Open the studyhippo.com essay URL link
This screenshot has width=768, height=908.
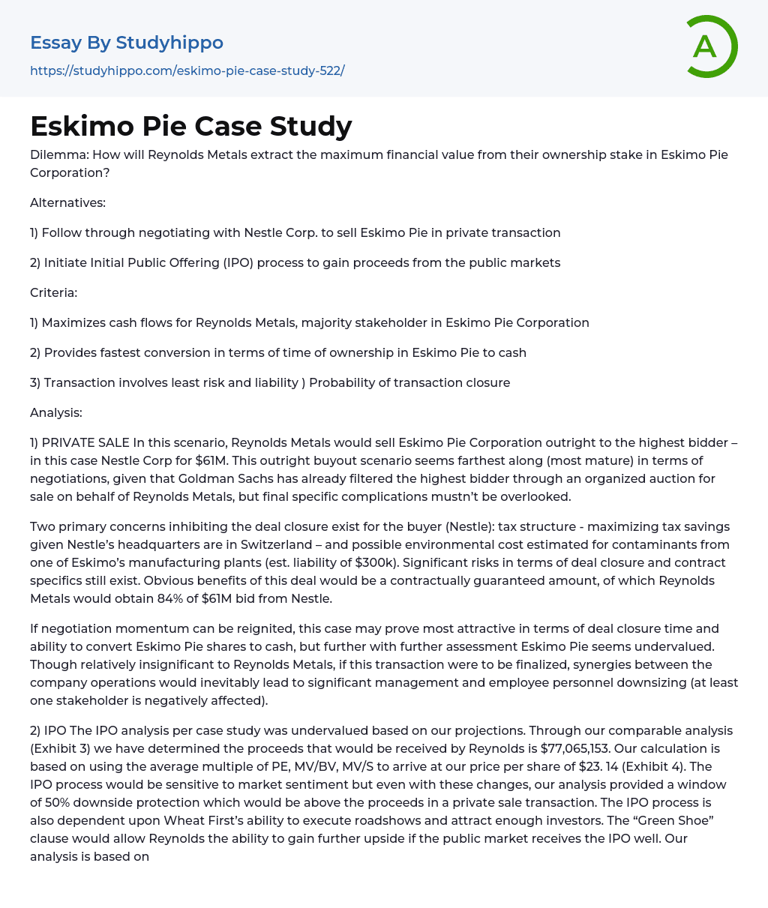[x=187, y=70]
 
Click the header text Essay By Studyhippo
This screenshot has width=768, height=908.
[x=126, y=43]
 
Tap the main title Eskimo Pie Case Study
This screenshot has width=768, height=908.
[x=190, y=126]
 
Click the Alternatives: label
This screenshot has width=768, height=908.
[x=67, y=202]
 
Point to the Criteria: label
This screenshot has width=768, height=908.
[x=53, y=292]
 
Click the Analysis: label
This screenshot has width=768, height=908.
[x=55, y=412]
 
